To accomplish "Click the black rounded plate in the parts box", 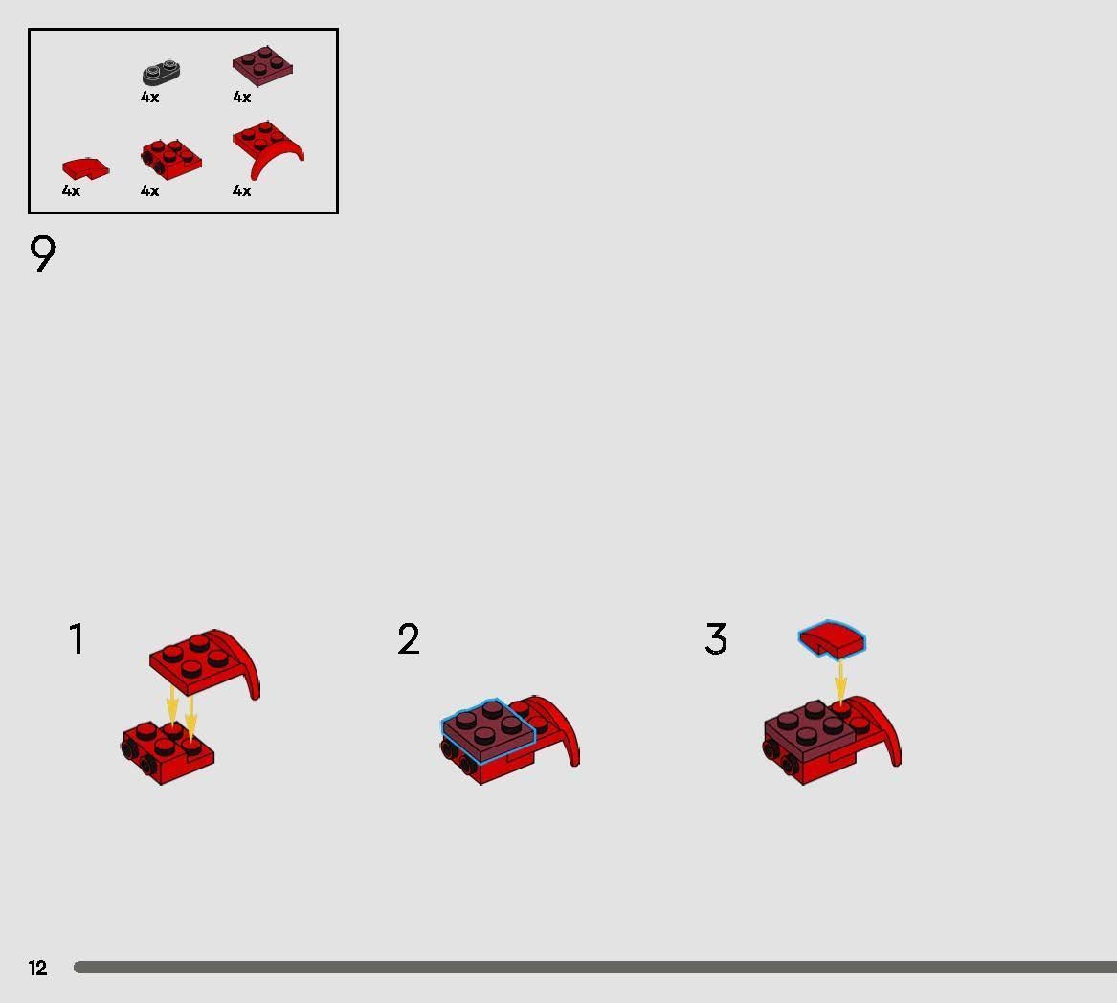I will pyautogui.click(x=163, y=73).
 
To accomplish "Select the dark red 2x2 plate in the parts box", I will pyautogui.click(x=262, y=66).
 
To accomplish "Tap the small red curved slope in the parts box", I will pyautogui.click(x=85, y=168).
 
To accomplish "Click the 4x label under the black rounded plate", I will pyautogui.click(x=149, y=98).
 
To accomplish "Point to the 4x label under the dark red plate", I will pyautogui.click(x=241, y=98).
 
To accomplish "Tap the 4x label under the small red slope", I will pyautogui.click(x=71, y=191).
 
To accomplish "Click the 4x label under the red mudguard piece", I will pyautogui.click(x=241, y=191).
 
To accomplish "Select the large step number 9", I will pyautogui.click(x=43, y=255).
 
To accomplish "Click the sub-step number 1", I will pyautogui.click(x=77, y=639).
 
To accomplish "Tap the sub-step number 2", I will pyautogui.click(x=409, y=639).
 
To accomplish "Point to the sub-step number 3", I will pyautogui.click(x=716, y=639).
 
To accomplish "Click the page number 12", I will pyautogui.click(x=37, y=968).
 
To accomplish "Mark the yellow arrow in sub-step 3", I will pyautogui.click(x=840, y=681).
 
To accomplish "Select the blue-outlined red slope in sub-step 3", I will pyautogui.click(x=832, y=639).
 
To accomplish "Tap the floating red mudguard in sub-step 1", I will pyautogui.click(x=203, y=661).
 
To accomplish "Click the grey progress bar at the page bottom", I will pyautogui.click(x=593, y=968).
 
